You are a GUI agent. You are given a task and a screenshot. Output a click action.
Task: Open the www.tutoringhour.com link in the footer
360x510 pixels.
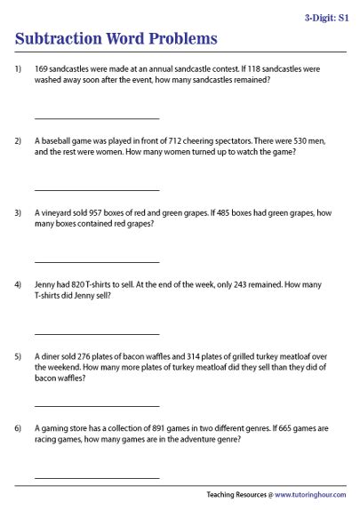(x=311, y=495)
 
